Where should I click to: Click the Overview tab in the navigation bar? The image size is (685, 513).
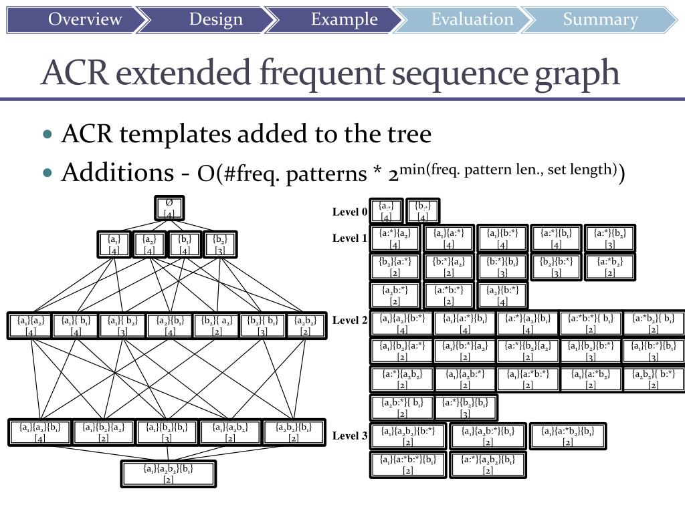(84, 19)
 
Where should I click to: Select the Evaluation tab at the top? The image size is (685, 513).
(472, 19)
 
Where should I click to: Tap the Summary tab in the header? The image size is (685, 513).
(600, 19)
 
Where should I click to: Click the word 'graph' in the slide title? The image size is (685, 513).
(577, 73)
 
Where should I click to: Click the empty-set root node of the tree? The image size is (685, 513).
(169, 208)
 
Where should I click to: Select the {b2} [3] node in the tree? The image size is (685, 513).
(219, 244)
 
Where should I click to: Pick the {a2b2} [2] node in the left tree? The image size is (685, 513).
(306, 325)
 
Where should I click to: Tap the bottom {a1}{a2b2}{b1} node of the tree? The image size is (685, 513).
(169, 474)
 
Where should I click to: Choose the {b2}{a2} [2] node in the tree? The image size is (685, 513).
(215, 325)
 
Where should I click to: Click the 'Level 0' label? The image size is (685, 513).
(350, 212)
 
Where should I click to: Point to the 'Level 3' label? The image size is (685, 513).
(350, 436)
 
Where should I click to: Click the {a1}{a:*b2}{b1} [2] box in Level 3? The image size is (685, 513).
(567, 436)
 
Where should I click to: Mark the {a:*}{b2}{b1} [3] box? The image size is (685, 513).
(466, 407)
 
